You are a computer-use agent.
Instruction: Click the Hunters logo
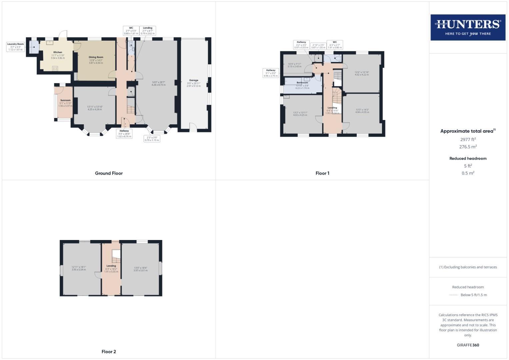pyautogui.click(x=468, y=27)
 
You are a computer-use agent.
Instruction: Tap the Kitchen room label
pyautogui.click(x=58, y=52)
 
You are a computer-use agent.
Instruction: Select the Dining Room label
pyautogui.click(x=96, y=57)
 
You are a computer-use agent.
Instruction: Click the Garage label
pyautogui.click(x=194, y=80)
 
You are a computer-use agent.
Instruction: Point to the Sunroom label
pyautogui.click(x=65, y=100)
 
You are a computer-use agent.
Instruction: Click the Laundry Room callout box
pyautogui.click(x=16, y=47)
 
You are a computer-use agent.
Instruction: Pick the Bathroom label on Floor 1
pyautogui.click(x=302, y=83)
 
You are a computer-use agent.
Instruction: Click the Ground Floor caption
pyautogui.click(x=109, y=173)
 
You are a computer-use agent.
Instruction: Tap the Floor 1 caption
pyautogui.click(x=322, y=173)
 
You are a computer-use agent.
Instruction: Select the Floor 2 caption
pyautogui.click(x=109, y=352)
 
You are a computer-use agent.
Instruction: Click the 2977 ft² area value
pyautogui.click(x=468, y=140)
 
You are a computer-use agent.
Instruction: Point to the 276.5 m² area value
pyautogui.click(x=468, y=147)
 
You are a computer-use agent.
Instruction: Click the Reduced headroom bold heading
pyautogui.click(x=468, y=158)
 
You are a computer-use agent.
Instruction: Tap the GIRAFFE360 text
pyautogui.click(x=468, y=345)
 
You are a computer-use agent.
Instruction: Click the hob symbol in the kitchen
pyautogui.click(x=55, y=68)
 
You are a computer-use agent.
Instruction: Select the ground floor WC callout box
pyautogui.click(x=131, y=31)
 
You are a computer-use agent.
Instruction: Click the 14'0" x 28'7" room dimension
pyautogui.click(x=159, y=82)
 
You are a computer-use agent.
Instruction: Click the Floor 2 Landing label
pyautogui.click(x=111, y=266)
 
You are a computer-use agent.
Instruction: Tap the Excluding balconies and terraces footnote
pyautogui.click(x=468, y=267)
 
